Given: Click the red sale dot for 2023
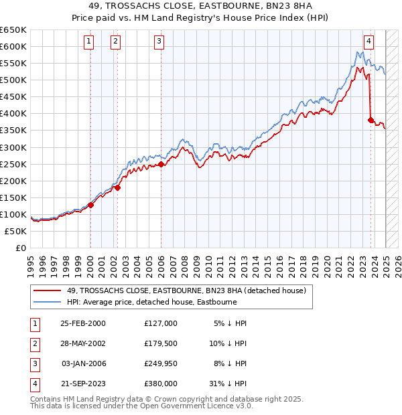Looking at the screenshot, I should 371,120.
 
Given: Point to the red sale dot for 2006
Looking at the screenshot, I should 161,164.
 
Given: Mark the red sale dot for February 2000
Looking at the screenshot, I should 90,205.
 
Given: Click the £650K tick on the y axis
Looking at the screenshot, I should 13,30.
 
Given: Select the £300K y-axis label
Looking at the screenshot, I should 13,147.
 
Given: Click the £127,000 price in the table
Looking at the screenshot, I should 161,323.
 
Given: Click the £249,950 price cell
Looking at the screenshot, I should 161,363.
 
